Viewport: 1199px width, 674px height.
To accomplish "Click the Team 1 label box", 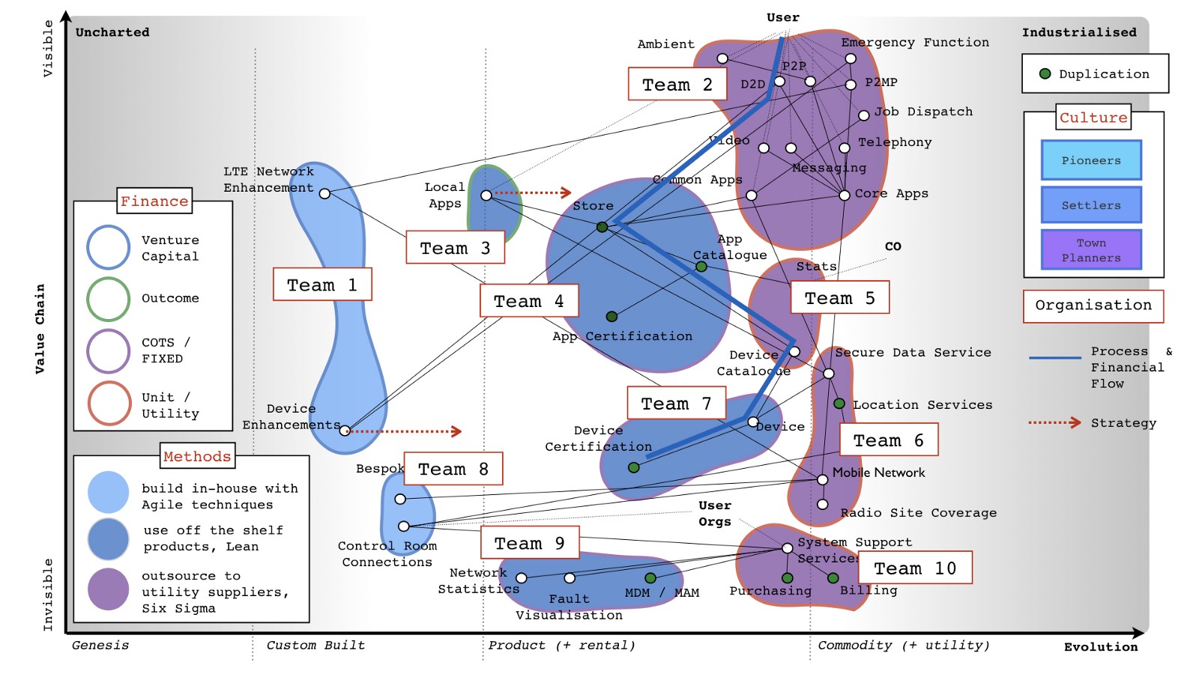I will [322, 285].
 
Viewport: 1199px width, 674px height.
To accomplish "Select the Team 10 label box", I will [915, 568].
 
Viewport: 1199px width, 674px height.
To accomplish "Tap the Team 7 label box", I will [677, 403].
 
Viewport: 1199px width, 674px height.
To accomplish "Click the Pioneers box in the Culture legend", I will [1091, 160].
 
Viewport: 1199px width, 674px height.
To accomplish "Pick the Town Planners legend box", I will [1091, 249].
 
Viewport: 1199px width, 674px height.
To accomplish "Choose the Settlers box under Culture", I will [1091, 205].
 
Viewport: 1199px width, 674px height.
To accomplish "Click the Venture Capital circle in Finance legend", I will [109, 247].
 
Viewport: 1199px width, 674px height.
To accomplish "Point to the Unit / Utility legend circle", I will [109, 404].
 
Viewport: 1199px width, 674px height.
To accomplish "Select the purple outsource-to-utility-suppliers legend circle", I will [109, 589].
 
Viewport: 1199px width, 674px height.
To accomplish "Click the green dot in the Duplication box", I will [1045, 73].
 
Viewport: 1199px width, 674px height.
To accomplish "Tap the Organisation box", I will [1093, 306].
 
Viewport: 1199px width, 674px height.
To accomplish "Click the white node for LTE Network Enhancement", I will [324, 194].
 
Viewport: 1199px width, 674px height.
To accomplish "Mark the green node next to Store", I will [602, 227].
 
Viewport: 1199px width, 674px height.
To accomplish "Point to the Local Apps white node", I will [486, 195].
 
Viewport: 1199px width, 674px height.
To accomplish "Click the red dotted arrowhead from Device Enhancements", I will [457, 431].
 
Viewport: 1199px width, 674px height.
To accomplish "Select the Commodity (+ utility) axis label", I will [903, 645].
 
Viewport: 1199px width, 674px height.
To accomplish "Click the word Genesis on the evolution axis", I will [100, 645].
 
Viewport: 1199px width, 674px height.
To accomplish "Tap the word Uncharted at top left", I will [112, 32].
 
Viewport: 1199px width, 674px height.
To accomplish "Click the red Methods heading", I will [197, 456].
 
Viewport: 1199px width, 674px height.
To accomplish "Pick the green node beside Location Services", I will [839, 404].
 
